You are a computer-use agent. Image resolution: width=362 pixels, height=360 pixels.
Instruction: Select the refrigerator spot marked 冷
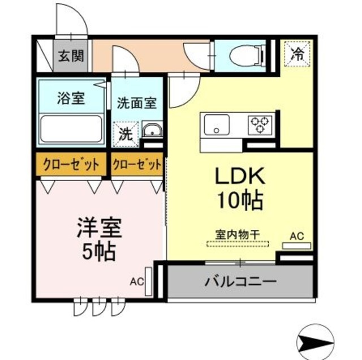[296, 54]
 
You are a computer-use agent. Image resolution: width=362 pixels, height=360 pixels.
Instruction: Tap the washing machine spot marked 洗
[125, 135]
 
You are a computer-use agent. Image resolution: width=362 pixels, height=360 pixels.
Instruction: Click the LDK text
[240, 177]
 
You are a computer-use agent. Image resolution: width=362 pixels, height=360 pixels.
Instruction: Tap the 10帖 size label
[240, 199]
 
